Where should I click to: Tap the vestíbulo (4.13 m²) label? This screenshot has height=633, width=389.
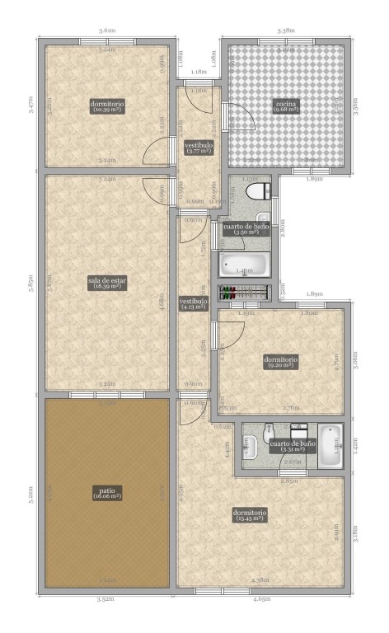pyautogui.click(x=193, y=305)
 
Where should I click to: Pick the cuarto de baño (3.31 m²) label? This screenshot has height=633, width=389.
pyautogui.click(x=291, y=446)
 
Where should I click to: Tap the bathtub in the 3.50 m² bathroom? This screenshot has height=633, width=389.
pyautogui.click(x=244, y=264)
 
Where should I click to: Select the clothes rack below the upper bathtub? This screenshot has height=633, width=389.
pyautogui.click(x=244, y=292)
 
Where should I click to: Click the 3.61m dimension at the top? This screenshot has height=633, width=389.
pyautogui.click(x=106, y=30)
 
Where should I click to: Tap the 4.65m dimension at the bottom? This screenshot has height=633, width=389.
pyautogui.click(x=262, y=598)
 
